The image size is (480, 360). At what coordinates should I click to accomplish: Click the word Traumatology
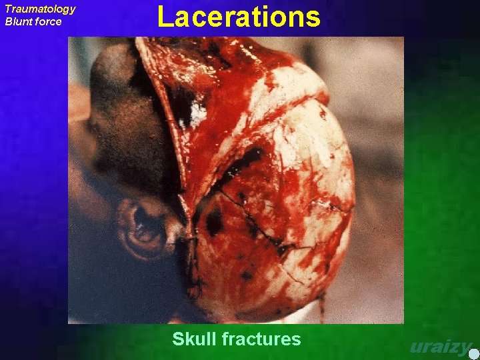[40, 9]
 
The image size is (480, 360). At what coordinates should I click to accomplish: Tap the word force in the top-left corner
[48, 21]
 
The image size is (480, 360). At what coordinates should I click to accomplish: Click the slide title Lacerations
[239, 17]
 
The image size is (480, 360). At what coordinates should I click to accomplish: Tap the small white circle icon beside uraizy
[473, 353]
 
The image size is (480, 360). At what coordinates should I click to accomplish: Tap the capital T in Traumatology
[8, 9]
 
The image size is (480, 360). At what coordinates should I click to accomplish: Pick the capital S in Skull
[178, 339]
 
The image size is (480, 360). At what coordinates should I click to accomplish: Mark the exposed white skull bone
[300, 167]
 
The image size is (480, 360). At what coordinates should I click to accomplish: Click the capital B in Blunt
[9, 21]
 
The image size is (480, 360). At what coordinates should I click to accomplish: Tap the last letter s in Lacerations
[313, 18]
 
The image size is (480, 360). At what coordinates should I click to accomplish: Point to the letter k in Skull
[190, 339]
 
